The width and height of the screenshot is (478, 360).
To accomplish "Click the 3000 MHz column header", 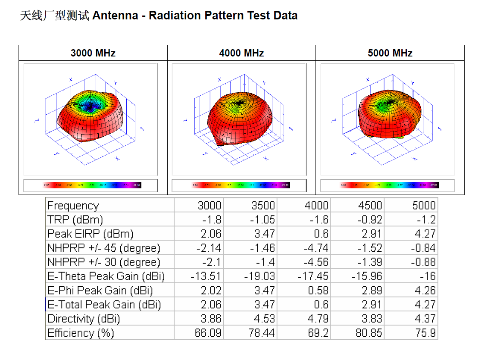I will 93,53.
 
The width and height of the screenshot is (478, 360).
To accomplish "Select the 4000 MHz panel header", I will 241,53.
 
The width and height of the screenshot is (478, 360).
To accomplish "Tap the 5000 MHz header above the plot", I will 390,53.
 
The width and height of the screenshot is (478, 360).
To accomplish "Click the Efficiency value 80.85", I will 369,333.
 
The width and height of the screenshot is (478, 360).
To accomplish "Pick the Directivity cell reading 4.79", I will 316,319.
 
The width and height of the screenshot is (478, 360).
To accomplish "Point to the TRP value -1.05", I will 262,219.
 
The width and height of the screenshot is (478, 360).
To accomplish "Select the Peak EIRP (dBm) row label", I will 91,234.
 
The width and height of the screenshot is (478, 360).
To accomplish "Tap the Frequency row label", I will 73,205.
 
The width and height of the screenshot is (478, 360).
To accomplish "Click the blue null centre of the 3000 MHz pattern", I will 91,105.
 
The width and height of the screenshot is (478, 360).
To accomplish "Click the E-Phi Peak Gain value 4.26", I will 425,290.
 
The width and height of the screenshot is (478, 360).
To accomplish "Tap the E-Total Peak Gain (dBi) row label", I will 104,304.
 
